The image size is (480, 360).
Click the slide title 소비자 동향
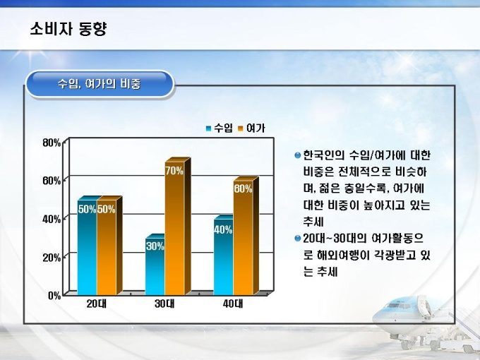(x=68, y=29)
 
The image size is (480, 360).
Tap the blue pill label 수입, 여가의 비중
(x=100, y=84)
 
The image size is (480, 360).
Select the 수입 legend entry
(x=220, y=128)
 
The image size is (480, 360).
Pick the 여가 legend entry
(x=251, y=128)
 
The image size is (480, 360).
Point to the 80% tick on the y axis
(x=52, y=143)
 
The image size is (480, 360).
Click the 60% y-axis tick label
(x=52, y=181)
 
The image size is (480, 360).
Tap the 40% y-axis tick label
(x=52, y=220)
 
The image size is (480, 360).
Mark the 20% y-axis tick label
(x=52, y=258)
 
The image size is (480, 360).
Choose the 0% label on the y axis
(x=54, y=295)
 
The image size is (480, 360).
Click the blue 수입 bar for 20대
(x=88, y=246)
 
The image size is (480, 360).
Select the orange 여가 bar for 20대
(x=107, y=246)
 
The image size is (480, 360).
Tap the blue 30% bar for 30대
(x=155, y=265)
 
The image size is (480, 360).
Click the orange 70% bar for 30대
(x=175, y=227)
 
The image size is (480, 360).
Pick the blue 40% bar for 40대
(x=224, y=255)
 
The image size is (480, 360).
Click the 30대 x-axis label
(x=164, y=304)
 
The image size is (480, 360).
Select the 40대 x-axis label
(x=233, y=304)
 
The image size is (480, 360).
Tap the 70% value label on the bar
(x=174, y=171)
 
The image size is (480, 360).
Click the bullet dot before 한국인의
(x=297, y=155)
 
